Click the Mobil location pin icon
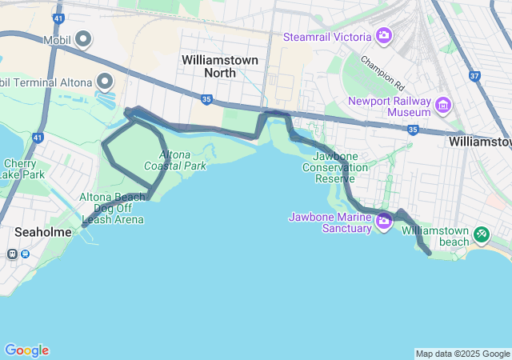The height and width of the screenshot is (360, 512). (84, 39)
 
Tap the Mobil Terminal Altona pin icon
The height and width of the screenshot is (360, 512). (105, 82)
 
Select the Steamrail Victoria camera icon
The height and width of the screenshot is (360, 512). (384, 37)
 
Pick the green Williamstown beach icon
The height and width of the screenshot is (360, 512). (481, 234)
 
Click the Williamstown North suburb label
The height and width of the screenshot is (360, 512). (209, 66)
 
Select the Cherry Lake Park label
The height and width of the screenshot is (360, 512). (22, 169)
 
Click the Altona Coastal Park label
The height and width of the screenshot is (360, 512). (175, 160)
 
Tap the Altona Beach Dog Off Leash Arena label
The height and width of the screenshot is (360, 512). (112, 208)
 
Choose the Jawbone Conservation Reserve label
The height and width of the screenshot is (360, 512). (335, 167)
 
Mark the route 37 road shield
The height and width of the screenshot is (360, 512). (475, 77)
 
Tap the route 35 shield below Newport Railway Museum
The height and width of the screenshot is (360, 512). (412, 129)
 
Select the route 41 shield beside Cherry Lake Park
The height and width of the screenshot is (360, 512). (38, 138)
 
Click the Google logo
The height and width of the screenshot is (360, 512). (26, 350)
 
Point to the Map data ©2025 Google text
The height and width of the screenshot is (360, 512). (462, 354)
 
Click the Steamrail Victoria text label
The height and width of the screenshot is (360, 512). (327, 38)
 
